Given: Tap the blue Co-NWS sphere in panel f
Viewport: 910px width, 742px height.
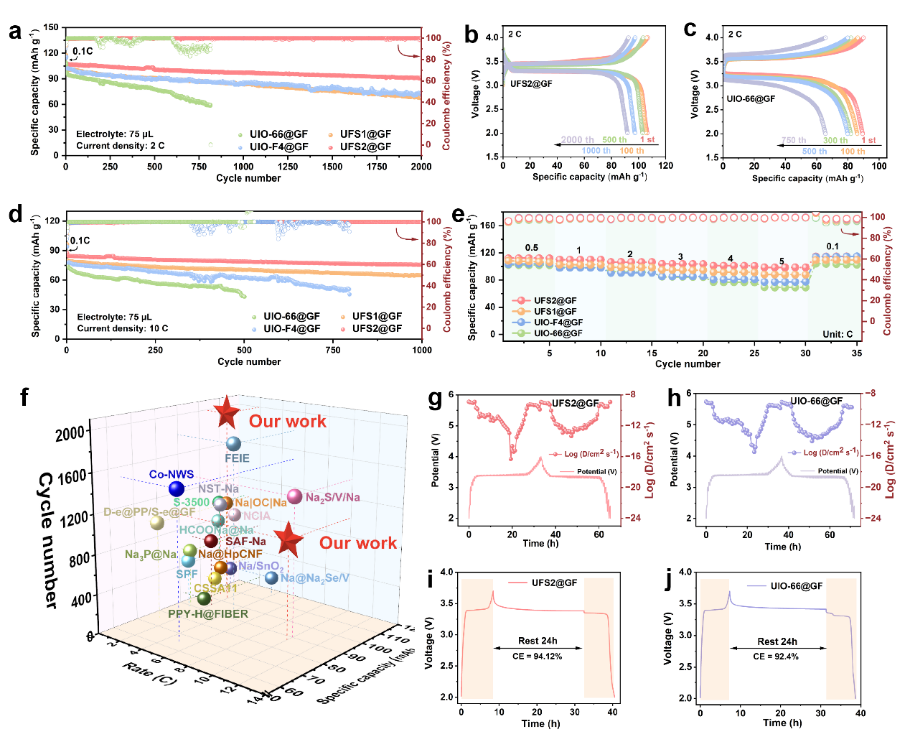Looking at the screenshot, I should coord(177,489).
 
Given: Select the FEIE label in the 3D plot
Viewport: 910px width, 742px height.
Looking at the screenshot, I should coord(237,458).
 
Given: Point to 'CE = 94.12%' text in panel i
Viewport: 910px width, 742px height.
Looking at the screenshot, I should coord(538,656).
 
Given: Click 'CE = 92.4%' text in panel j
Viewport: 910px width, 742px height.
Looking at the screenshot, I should coord(776,657).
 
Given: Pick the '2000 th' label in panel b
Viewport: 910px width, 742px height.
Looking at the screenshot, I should coord(577,140).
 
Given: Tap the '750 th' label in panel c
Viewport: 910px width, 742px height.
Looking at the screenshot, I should coord(793,141).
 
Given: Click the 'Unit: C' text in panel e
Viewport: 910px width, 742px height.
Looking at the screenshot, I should coord(838,334).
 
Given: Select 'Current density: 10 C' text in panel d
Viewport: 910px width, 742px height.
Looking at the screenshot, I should coord(123,328).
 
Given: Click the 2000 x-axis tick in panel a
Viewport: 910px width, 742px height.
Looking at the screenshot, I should coord(421,167).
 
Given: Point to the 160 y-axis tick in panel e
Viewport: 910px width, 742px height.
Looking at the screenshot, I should coord(487,226).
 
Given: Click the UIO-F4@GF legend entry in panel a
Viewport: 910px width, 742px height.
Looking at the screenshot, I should coord(278,147).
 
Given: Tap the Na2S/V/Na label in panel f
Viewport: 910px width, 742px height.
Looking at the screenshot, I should coord(332,497).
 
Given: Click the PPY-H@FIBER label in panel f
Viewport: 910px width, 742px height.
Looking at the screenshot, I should coord(208,614).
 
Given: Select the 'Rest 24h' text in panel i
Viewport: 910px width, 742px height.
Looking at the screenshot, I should coord(538,641).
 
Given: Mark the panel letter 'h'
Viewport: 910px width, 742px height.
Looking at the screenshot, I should coord(675,397).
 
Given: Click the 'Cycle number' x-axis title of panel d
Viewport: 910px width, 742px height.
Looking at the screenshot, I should coord(249,361).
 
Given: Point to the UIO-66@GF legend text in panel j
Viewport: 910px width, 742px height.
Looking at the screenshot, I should coord(797,586).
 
